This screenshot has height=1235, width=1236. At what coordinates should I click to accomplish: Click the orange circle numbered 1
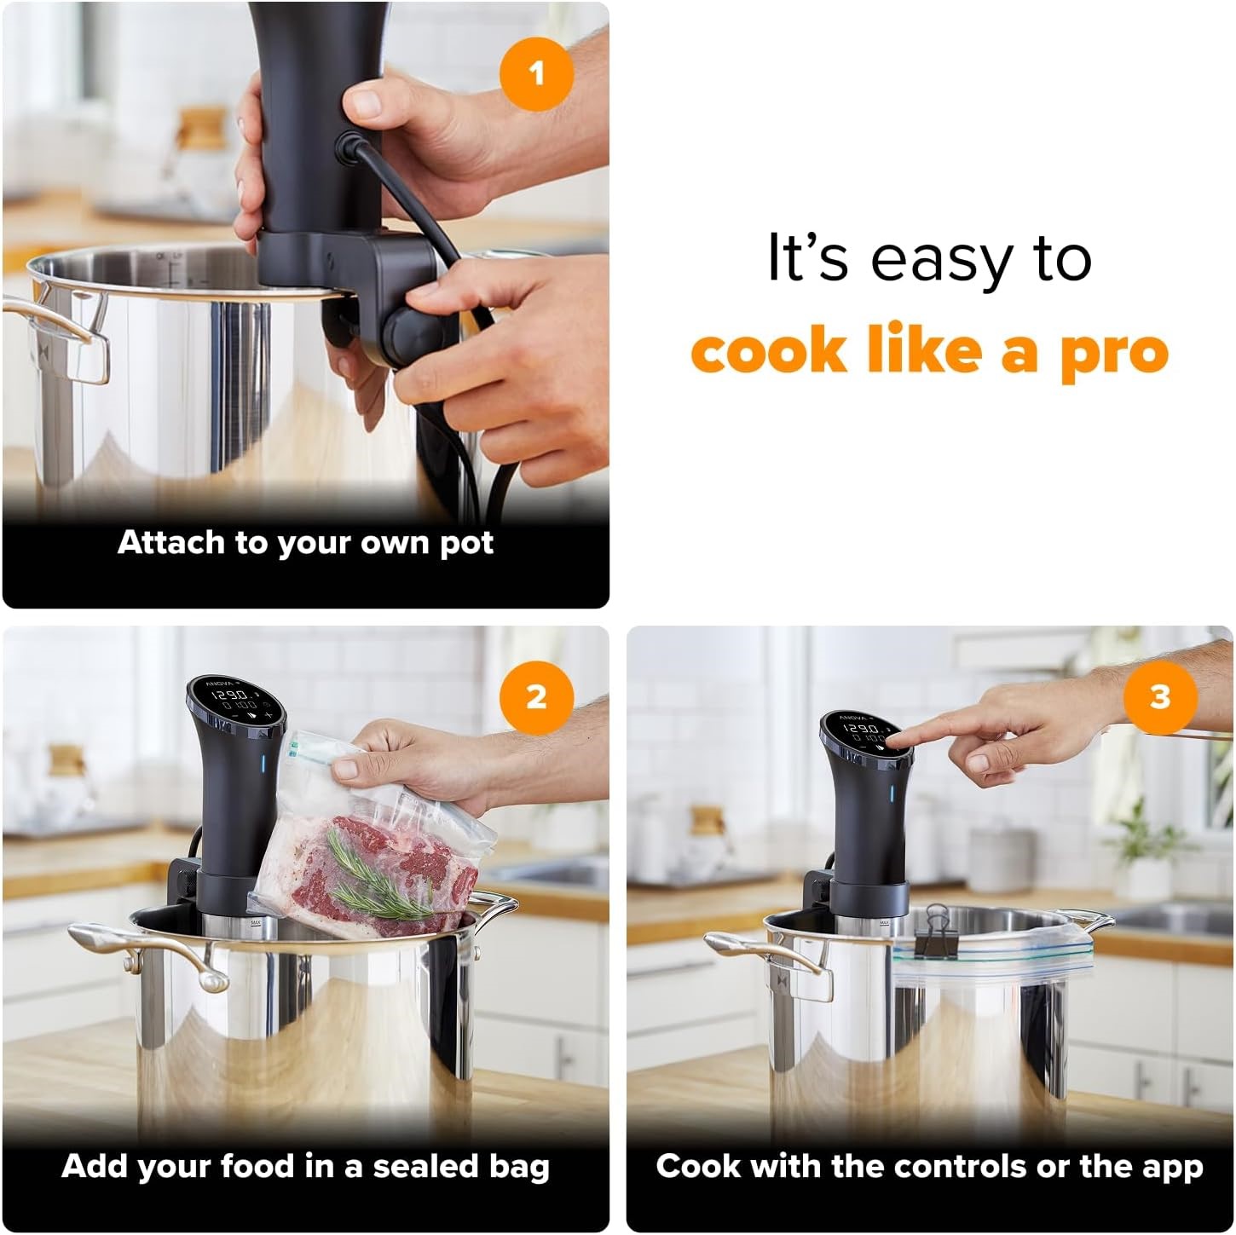coord(535,74)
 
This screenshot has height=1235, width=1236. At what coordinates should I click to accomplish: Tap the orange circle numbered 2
coord(535,697)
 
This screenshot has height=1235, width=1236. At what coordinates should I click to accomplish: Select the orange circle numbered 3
coord(1159,697)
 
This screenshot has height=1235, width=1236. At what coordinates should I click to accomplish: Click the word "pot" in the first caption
coord(466,544)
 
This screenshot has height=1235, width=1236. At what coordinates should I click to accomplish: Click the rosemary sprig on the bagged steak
coord(375,878)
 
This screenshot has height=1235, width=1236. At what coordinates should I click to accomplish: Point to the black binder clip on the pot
coord(937,920)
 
